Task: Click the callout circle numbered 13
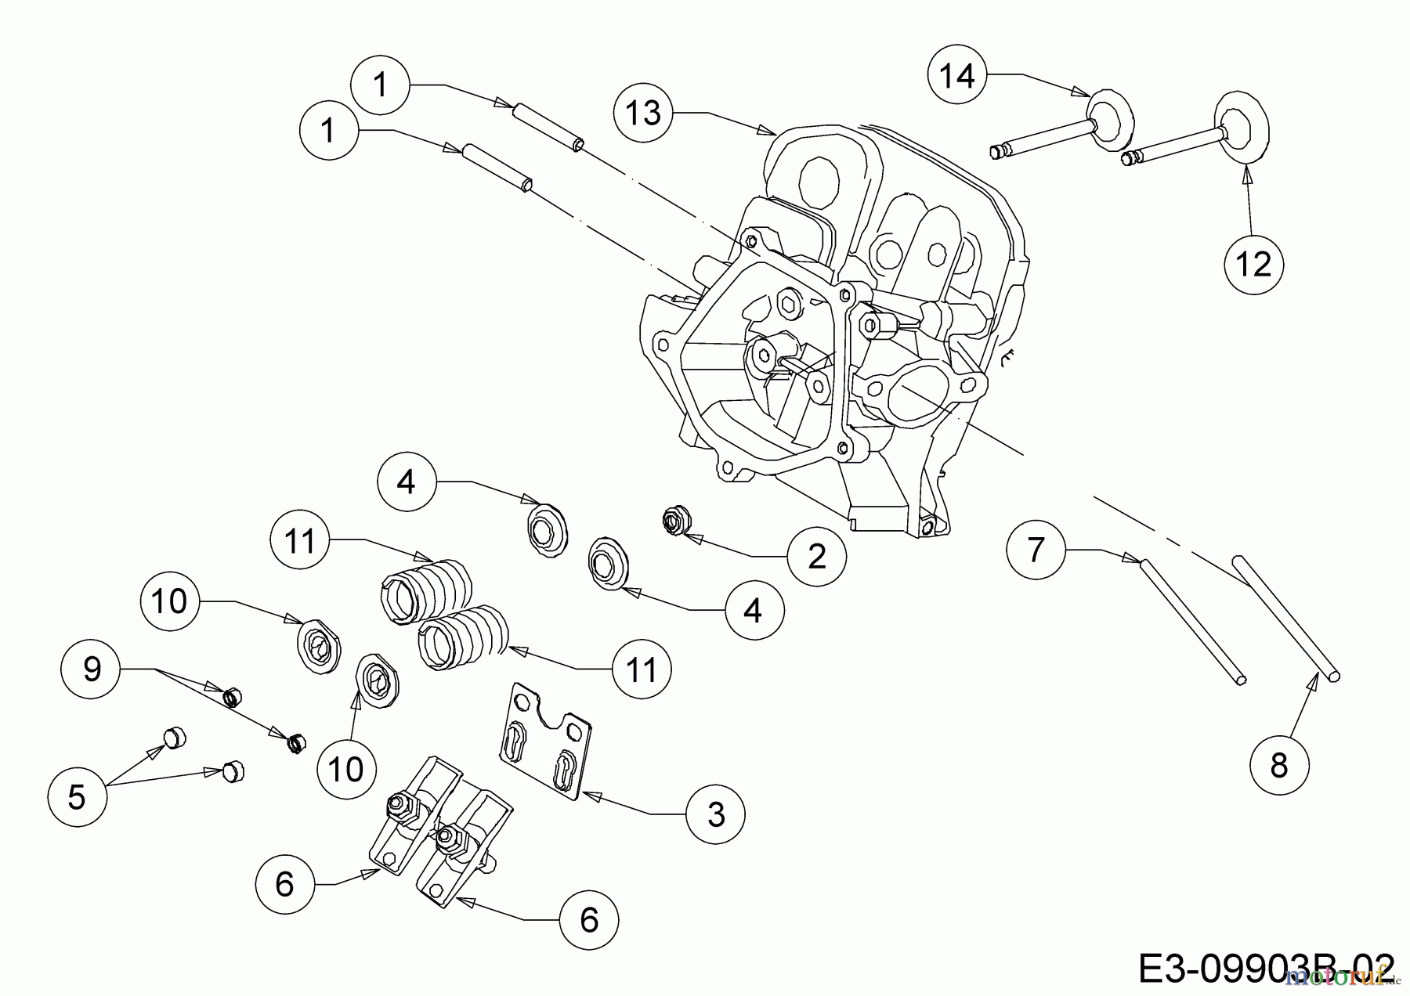[x=644, y=114]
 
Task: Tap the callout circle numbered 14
[x=957, y=75]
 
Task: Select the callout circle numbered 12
[x=1254, y=265]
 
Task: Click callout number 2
[x=817, y=556]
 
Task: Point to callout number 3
[x=716, y=814]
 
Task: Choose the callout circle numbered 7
[x=1036, y=550]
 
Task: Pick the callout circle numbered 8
[x=1278, y=764]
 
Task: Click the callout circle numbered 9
[x=92, y=669]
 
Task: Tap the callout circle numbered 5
[x=76, y=796]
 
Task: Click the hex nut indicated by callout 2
[x=673, y=521]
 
